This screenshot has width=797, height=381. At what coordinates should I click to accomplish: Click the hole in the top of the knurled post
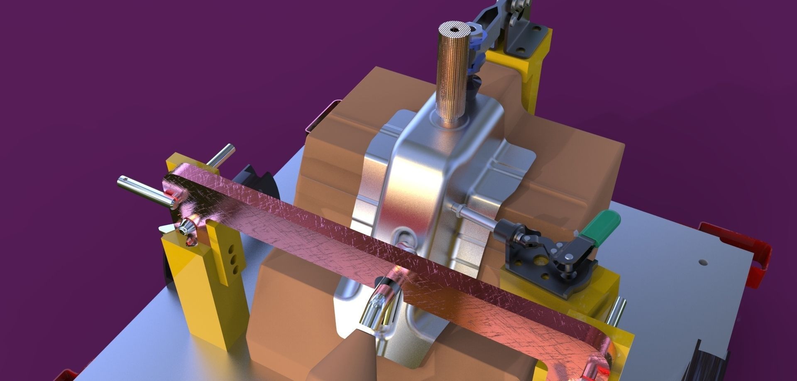coord(457,29)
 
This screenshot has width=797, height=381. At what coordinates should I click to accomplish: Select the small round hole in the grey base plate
coord(702,262)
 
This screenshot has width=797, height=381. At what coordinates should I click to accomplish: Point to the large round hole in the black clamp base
coord(540,261)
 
